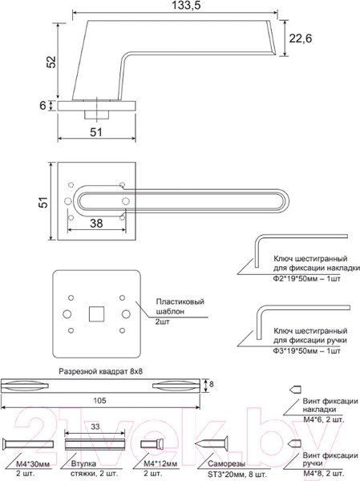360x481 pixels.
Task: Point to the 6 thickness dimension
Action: (x=44, y=105)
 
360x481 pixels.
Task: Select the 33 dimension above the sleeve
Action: (x=95, y=427)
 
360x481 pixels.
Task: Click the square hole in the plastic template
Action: (x=96, y=309)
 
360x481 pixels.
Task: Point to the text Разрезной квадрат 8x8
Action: (x=104, y=372)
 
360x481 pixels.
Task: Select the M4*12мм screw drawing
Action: (x=152, y=443)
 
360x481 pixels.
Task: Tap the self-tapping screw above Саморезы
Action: (x=216, y=443)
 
